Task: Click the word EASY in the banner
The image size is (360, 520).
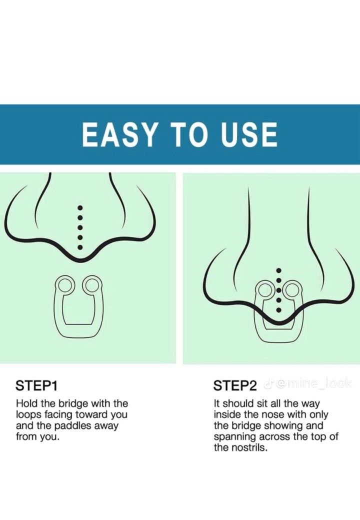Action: point(118,134)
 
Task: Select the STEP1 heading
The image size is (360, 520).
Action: point(37,385)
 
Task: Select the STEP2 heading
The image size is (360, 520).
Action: point(235,385)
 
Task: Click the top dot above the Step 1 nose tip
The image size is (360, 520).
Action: point(80,208)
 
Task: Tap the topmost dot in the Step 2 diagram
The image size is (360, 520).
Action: point(279,270)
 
